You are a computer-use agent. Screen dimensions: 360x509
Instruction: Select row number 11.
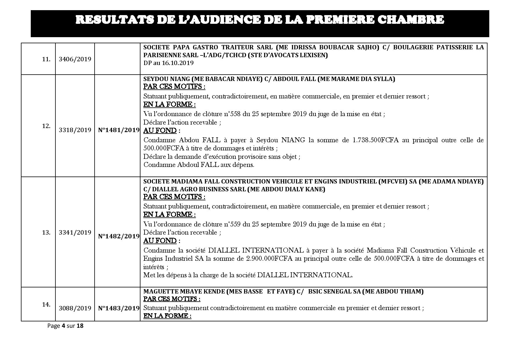46,60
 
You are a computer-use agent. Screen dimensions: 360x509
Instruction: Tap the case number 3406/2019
75,59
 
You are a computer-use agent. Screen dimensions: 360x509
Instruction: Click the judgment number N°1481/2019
119,130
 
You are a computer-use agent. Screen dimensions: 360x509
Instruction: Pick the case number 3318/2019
75,130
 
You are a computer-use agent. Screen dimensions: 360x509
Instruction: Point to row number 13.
46,232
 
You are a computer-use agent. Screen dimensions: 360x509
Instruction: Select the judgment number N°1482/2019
119,236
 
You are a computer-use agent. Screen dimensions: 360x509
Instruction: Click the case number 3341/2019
75,232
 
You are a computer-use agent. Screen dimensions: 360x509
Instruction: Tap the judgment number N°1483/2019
119,308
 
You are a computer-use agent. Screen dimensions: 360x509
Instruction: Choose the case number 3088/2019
75,308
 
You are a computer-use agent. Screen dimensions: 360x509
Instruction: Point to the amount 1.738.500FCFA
376,140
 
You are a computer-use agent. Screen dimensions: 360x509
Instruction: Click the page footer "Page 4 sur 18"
65,326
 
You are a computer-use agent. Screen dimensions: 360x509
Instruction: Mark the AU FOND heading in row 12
160,131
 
